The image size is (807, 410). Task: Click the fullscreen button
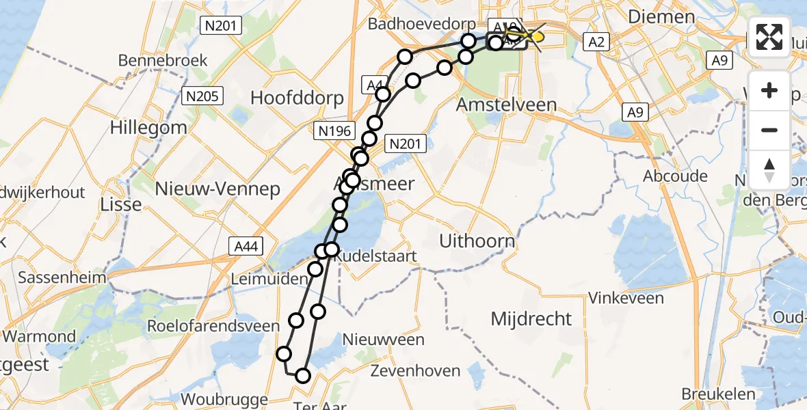(x=769, y=37)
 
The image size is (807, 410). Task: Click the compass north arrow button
(x=769, y=170)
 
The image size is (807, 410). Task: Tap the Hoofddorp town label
(x=297, y=98)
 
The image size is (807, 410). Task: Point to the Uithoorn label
(x=477, y=241)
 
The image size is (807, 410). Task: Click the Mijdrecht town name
(x=531, y=318)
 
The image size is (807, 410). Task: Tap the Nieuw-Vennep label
(x=217, y=189)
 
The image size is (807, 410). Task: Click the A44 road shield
(x=246, y=246)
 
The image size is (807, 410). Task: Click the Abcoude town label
(x=675, y=176)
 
